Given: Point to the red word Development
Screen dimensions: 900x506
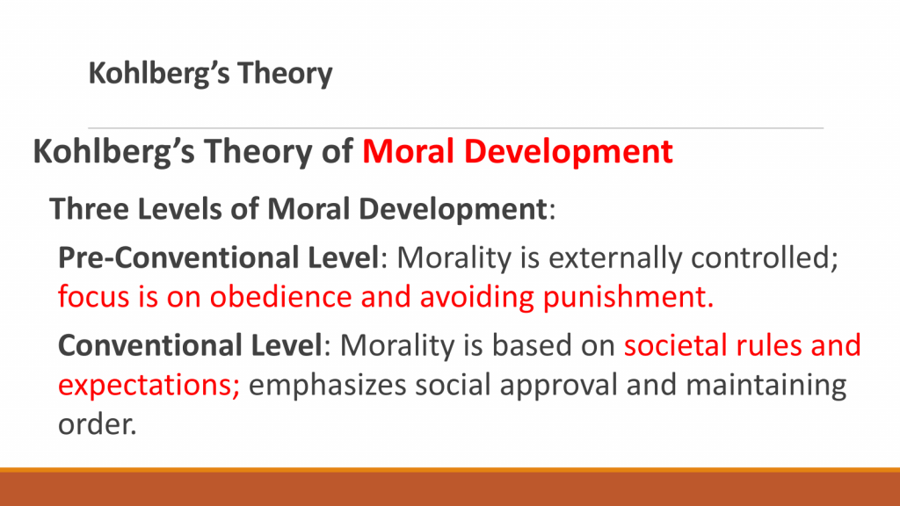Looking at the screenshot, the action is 569,152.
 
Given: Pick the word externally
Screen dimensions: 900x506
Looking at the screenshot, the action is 614,257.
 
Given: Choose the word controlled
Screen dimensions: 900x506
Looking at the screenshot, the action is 765,257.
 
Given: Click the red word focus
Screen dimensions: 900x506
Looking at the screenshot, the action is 93,297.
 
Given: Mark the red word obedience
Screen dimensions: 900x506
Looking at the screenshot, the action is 280,297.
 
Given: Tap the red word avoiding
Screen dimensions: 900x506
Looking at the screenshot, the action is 476,297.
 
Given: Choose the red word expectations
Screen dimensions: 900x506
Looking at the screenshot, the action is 149,385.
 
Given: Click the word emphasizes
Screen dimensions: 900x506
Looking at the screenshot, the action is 327,385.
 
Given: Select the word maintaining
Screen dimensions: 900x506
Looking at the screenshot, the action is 766,385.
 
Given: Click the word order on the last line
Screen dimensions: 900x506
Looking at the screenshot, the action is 97,424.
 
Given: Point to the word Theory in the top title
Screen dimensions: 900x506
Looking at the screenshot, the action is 285,74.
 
